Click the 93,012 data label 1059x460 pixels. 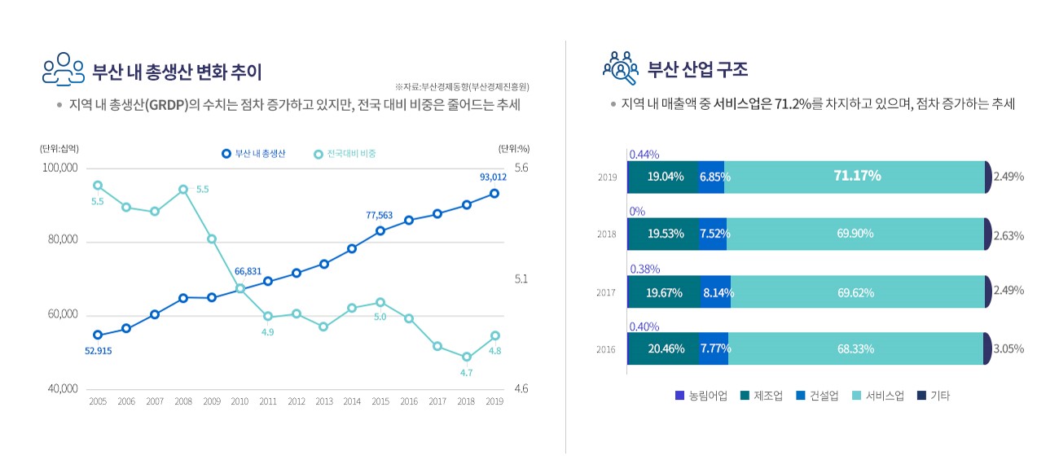494,177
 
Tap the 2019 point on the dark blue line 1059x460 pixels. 494,194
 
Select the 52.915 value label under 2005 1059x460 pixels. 98,351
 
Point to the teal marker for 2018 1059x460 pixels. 466,357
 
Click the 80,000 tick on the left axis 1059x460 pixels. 59,240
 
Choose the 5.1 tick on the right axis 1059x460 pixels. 521,278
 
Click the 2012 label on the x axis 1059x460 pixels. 297,401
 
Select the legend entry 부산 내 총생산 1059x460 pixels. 253,153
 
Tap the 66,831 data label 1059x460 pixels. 248,271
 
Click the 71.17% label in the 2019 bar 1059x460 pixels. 856,176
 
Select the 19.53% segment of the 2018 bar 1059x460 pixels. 665,234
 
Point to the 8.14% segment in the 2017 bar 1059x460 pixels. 717,292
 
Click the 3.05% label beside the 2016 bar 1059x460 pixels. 1008,348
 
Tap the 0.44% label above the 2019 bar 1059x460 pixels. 644,154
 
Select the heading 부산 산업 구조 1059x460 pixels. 697,68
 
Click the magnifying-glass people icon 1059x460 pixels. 621,68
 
